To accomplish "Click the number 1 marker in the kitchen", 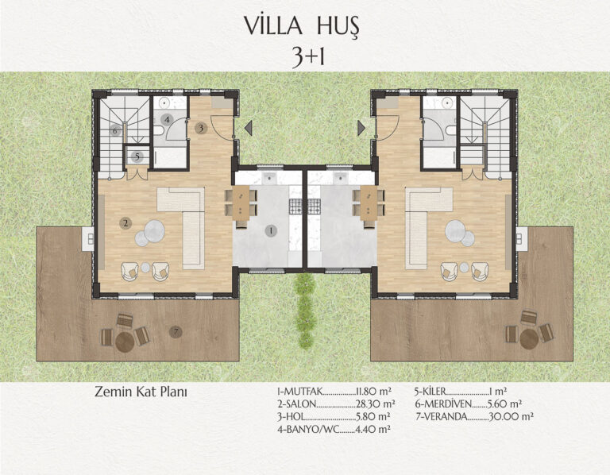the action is (x=271, y=230).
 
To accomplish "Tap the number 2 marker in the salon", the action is (x=125, y=223).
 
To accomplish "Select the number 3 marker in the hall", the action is (x=201, y=128).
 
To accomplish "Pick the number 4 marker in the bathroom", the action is (x=167, y=119).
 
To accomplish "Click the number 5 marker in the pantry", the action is (x=137, y=156).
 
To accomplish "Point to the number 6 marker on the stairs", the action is (x=115, y=131).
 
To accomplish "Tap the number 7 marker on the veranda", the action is (x=176, y=332).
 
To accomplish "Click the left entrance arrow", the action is (x=248, y=128).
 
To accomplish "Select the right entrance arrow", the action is (x=361, y=128).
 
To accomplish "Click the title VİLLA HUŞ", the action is (x=302, y=26).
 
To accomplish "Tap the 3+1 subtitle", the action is (x=308, y=58).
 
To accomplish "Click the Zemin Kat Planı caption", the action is (x=141, y=392).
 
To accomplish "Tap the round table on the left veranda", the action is (x=125, y=342).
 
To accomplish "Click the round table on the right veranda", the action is (x=529, y=339).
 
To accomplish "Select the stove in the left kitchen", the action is (x=295, y=207).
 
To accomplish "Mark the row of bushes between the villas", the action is (x=305, y=310).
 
